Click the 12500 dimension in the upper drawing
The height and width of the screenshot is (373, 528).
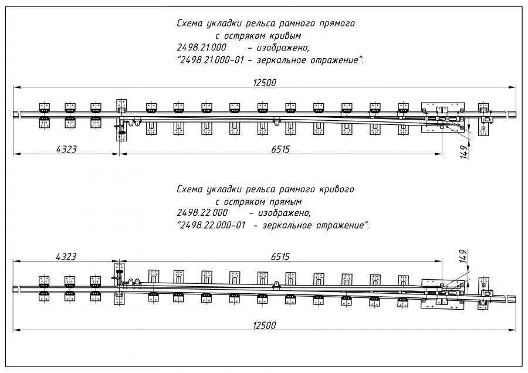pyautogui.click(x=264, y=82)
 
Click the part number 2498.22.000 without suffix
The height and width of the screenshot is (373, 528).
pyautogui.click(x=201, y=212)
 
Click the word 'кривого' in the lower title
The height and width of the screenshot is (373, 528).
pyautogui.click(x=334, y=190)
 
